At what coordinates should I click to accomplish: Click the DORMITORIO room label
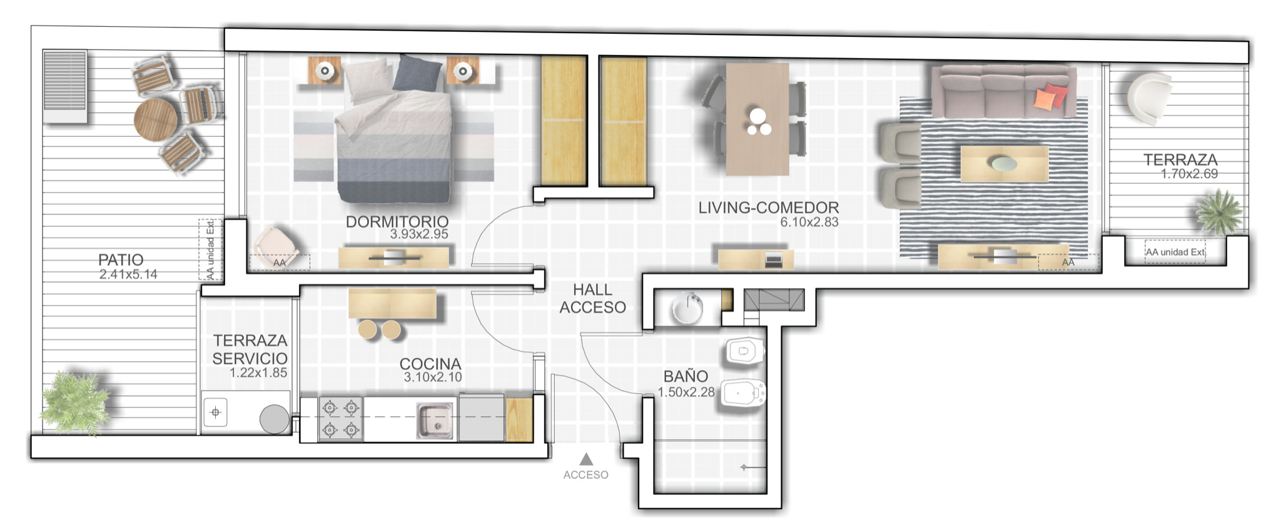coord(397,221)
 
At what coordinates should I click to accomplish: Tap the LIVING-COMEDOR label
coord(768,207)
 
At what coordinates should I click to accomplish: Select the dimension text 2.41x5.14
coord(128,274)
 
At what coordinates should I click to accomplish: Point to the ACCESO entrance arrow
coord(586,459)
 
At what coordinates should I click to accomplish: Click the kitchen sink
coord(435,421)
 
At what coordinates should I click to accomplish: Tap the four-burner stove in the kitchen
coord(340,419)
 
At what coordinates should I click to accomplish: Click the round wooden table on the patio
coord(156,118)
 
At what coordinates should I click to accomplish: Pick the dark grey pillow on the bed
coord(417,74)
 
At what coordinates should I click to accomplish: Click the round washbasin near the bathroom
coord(687,308)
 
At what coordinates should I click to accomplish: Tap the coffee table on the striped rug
coord(1004,164)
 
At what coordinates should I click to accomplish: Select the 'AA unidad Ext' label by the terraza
coord(1175,252)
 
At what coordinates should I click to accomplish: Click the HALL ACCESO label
coord(592,299)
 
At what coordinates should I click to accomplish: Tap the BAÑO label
coord(686,376)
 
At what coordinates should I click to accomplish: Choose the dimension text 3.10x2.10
coord(433,377)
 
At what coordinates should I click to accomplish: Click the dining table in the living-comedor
coord(757,119)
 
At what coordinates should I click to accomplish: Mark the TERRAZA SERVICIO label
coord(250,349)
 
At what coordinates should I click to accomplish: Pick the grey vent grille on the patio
coord(65,86)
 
